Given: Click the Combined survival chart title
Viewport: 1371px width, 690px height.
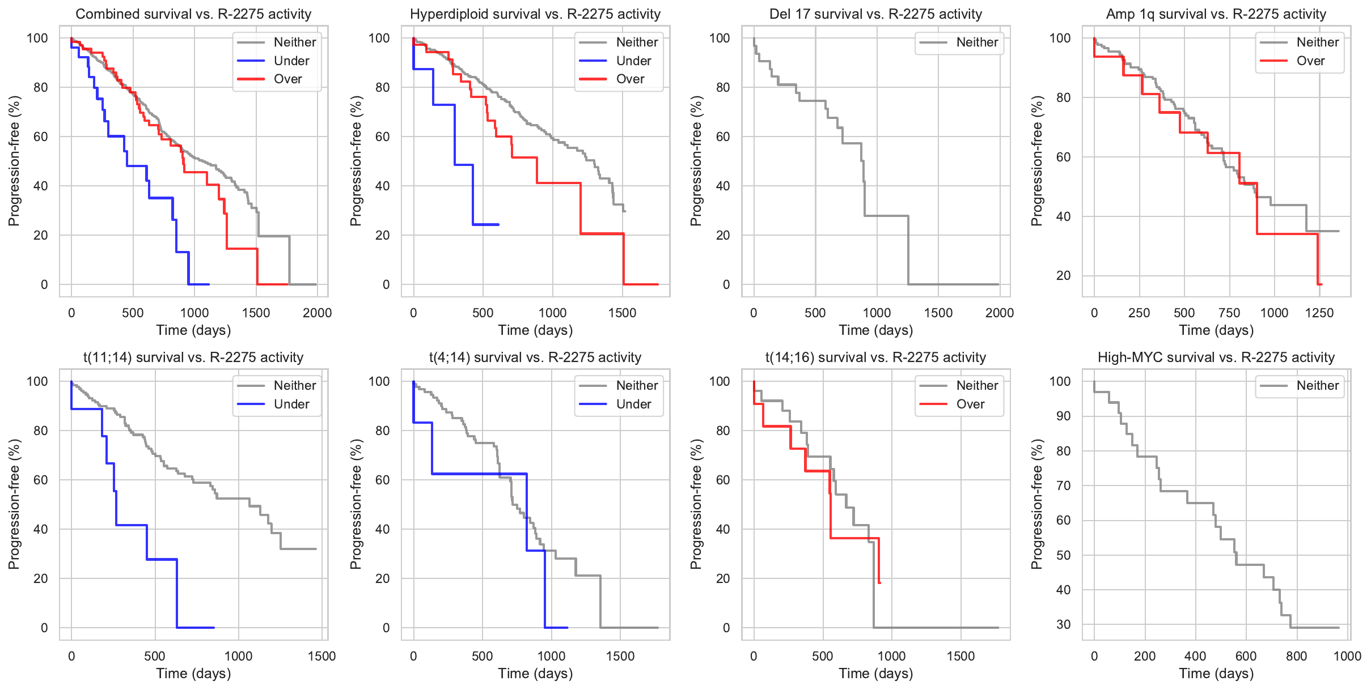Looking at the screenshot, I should point(193,14).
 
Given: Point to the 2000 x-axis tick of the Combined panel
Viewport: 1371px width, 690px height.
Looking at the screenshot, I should point(317,313).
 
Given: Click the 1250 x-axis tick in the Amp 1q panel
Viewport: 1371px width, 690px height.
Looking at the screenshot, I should point(1319,313).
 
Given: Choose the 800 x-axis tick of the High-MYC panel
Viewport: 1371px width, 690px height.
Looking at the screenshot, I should point(1296,656).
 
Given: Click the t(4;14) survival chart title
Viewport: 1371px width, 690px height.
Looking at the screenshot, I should point(535,357).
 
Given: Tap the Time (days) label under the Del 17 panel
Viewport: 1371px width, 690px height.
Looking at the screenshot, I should point(875,330).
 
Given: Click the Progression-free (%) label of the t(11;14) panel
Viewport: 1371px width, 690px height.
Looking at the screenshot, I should point(14,504).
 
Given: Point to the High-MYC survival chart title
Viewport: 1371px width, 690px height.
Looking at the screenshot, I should point(1216,357).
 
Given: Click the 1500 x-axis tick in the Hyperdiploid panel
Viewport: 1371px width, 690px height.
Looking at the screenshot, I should point(622,313).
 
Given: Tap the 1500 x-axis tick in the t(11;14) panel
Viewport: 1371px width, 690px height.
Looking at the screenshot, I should point(321,656).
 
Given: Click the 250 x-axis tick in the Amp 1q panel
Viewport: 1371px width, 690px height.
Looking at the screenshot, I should point(1139,313).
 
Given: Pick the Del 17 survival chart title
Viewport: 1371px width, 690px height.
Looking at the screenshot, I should point(875,14).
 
